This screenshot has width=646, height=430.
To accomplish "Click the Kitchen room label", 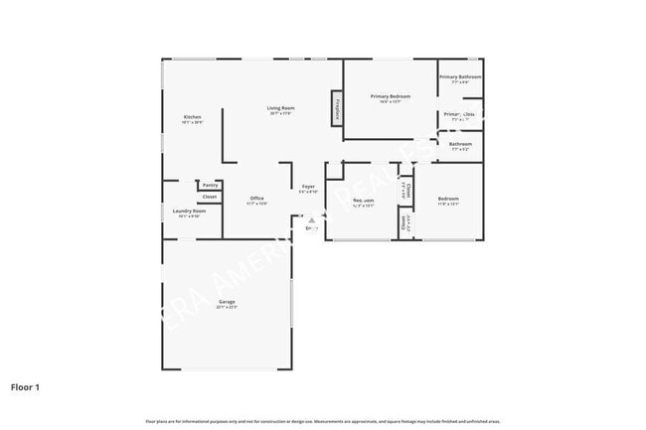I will point(192,117).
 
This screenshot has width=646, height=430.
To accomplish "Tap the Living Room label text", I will point(280,107).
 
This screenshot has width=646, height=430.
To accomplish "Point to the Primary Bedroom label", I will point(391,96).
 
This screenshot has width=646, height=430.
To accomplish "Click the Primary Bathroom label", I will point(461,76).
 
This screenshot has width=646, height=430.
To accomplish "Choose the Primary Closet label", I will point(459,114).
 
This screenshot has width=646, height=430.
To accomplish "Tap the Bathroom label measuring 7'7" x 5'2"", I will point(460,144).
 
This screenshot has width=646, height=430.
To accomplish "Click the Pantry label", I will point(210,185).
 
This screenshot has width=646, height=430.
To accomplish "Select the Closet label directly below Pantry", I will point(210,197).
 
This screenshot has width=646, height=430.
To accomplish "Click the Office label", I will point(256,199).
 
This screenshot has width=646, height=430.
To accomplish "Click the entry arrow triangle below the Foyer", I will point(310,220).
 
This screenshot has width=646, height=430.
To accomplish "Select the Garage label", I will point(227,302).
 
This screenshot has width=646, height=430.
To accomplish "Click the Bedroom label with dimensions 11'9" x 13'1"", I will point(448,200).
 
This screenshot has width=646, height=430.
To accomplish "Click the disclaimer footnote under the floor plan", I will point(322,422).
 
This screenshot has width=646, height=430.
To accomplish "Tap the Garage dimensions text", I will point(227,308).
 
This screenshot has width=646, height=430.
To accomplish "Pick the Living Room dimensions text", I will point(280,113).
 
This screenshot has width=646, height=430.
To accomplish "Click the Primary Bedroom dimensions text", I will point(391,102).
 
